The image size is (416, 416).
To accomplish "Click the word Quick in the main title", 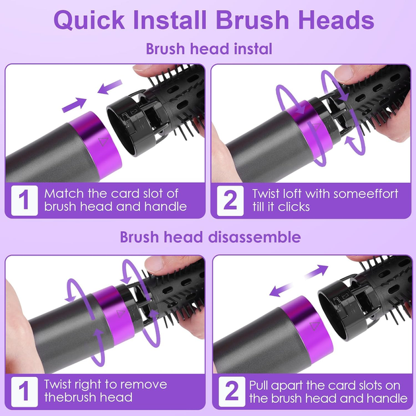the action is (89, 20).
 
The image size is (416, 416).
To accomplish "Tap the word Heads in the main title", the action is (336, 20).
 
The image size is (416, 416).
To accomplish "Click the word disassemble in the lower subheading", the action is (254, 237).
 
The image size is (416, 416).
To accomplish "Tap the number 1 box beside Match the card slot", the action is (24, 201).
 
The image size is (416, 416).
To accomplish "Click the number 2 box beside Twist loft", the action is (230, 201).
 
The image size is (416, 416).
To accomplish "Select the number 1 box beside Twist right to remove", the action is (24, 392).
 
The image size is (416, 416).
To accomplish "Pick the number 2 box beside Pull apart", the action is (232, 392).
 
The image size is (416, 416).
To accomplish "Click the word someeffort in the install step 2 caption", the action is (366, 194).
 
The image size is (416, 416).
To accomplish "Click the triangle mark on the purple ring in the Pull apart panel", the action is (315, 326).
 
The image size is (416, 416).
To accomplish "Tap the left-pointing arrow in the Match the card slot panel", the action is (110, 87).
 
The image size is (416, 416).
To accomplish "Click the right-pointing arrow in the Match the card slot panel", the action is (74, 105).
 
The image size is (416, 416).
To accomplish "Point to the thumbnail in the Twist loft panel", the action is (344, 73).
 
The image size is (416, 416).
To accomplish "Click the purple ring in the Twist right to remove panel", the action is (114, 315).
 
